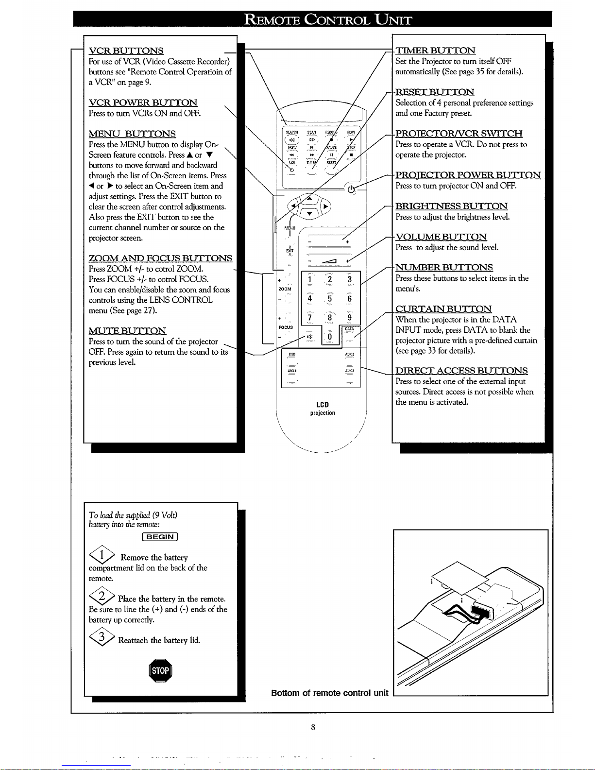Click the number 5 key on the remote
[x=329, y=298]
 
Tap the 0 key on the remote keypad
[x=329, y=337]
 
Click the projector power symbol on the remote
[x=351, y=189]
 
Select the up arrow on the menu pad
[x=309, y=197]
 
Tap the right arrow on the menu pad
[x=326, y=206]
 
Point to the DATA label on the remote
[x=349, y=329]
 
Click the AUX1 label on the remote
[x=292, y=371]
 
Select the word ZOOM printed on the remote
[x=285, y=289]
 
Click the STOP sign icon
[x=160, y=671]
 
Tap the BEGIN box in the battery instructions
[x=160, y=536]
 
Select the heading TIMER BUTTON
[x=435, y=51]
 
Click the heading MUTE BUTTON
[x=127, y=331]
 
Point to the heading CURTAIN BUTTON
[x=443, y=309]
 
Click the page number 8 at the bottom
[x=313, y=727]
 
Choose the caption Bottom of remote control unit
[x=329, y=693]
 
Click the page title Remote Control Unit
[x=328, y=19]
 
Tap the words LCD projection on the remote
[x=323, y=409]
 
